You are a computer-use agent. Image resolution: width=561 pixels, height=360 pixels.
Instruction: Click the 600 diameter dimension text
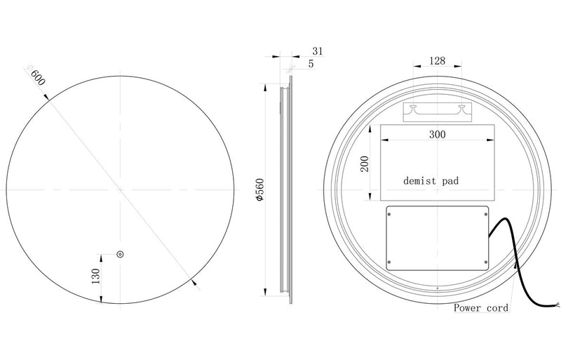[36, 75]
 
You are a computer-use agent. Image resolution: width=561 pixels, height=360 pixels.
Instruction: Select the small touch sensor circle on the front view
[120, 253]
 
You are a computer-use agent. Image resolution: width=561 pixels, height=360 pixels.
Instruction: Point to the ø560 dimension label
[259, 190]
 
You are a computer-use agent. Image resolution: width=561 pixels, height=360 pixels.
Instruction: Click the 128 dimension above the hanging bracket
[437, 61]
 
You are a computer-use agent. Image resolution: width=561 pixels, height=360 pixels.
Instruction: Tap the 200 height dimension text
[364, 164]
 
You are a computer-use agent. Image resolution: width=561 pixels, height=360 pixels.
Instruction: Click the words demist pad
[431, 180]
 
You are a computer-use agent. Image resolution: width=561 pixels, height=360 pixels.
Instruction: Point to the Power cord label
[480, 307]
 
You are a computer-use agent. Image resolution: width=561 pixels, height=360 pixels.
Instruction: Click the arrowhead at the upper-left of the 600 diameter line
[48, 100]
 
